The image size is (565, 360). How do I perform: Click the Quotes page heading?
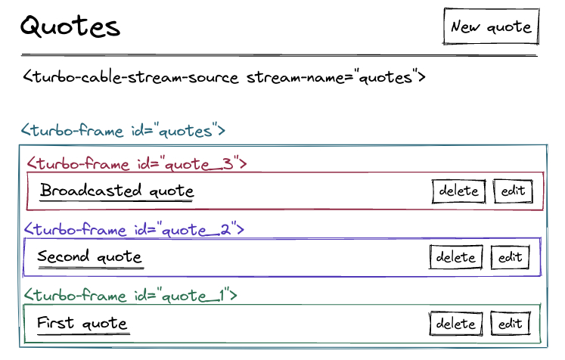[70, 26]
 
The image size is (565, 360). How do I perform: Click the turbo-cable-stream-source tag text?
[224, 76]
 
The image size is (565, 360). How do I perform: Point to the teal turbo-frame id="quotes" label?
[123, 130]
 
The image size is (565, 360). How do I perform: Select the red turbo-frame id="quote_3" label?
[137, 163]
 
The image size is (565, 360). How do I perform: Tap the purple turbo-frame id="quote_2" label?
[134, 229]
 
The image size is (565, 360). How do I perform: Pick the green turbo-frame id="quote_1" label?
[130, 295]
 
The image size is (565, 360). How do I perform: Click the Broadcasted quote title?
[117, 190]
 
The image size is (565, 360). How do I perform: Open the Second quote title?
[90, 256]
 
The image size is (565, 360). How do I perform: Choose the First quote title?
[82, 323]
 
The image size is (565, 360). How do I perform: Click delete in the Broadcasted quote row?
[458, 191]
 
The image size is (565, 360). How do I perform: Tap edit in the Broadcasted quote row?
[513, 191]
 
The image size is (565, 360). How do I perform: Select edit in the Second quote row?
[511, 257]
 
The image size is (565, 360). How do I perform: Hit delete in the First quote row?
[456, 324]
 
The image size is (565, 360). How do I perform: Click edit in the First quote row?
[511, 324]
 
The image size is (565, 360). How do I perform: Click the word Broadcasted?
[91, 190]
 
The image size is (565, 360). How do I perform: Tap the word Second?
[63, 256]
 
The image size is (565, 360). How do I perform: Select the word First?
[55, 322]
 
